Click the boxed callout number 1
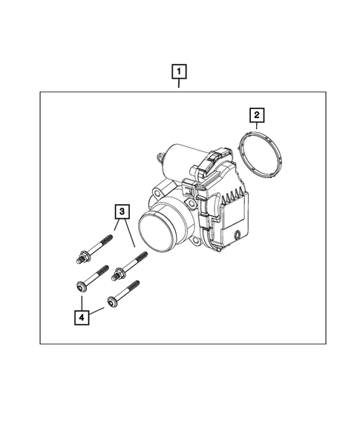coord(179,73)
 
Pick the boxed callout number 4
coord(82,317)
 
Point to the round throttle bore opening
coord(157,231)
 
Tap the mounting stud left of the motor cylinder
coord(160,157)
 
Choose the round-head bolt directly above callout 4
coord(92,277)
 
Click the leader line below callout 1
coord(179,85)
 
